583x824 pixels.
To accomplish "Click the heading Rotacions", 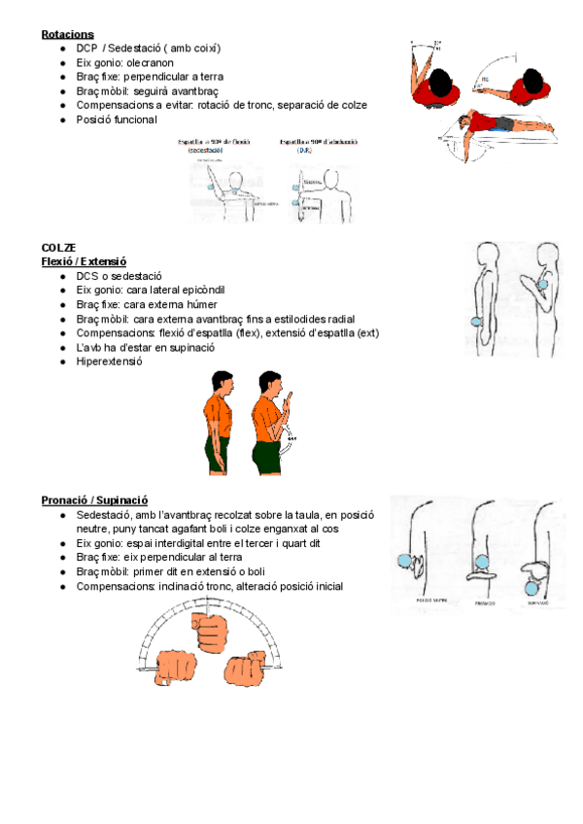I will pyautogui.click(x=67, y=34).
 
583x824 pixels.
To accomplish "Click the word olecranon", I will pyautogui.click(x=147, y=61).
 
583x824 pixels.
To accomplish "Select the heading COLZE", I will pyautogui.click(x=58, y=248).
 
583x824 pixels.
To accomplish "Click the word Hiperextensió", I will pyautogui.click(x=109, y=361).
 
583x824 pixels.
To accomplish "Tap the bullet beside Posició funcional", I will pyautogui.click(x=62, y=120).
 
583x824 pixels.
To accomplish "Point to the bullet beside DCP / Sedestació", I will pyautogui.click(x=62, y=48).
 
